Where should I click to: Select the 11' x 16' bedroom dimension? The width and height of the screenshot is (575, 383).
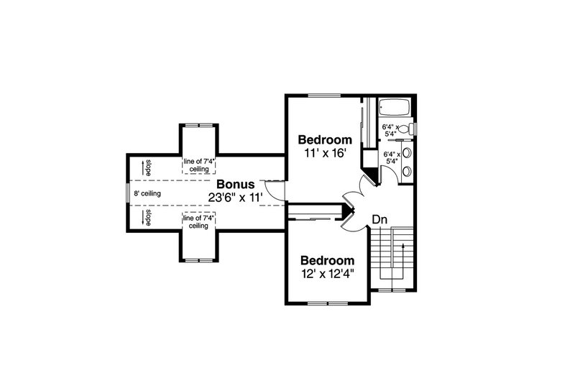tap(326, 152)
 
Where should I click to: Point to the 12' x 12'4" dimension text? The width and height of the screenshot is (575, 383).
tap(327, 273)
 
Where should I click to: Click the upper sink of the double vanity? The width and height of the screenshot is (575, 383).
tap(406, 154)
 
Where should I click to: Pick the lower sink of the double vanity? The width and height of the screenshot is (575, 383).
tap(406, 170)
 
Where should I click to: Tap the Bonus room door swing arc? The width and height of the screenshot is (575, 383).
tap(273, 188)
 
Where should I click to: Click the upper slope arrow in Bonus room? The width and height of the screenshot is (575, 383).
tap(148, 167)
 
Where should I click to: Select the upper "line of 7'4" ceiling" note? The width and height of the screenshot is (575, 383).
tap(198, 165)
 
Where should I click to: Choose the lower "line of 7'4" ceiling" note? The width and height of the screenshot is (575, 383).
tap(198, 221)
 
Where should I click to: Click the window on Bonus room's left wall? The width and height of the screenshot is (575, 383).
tap(129, 193)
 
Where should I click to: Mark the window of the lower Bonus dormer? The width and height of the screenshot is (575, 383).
tap(196, 260)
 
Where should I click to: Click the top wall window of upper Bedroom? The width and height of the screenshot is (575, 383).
tap(321, 96)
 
